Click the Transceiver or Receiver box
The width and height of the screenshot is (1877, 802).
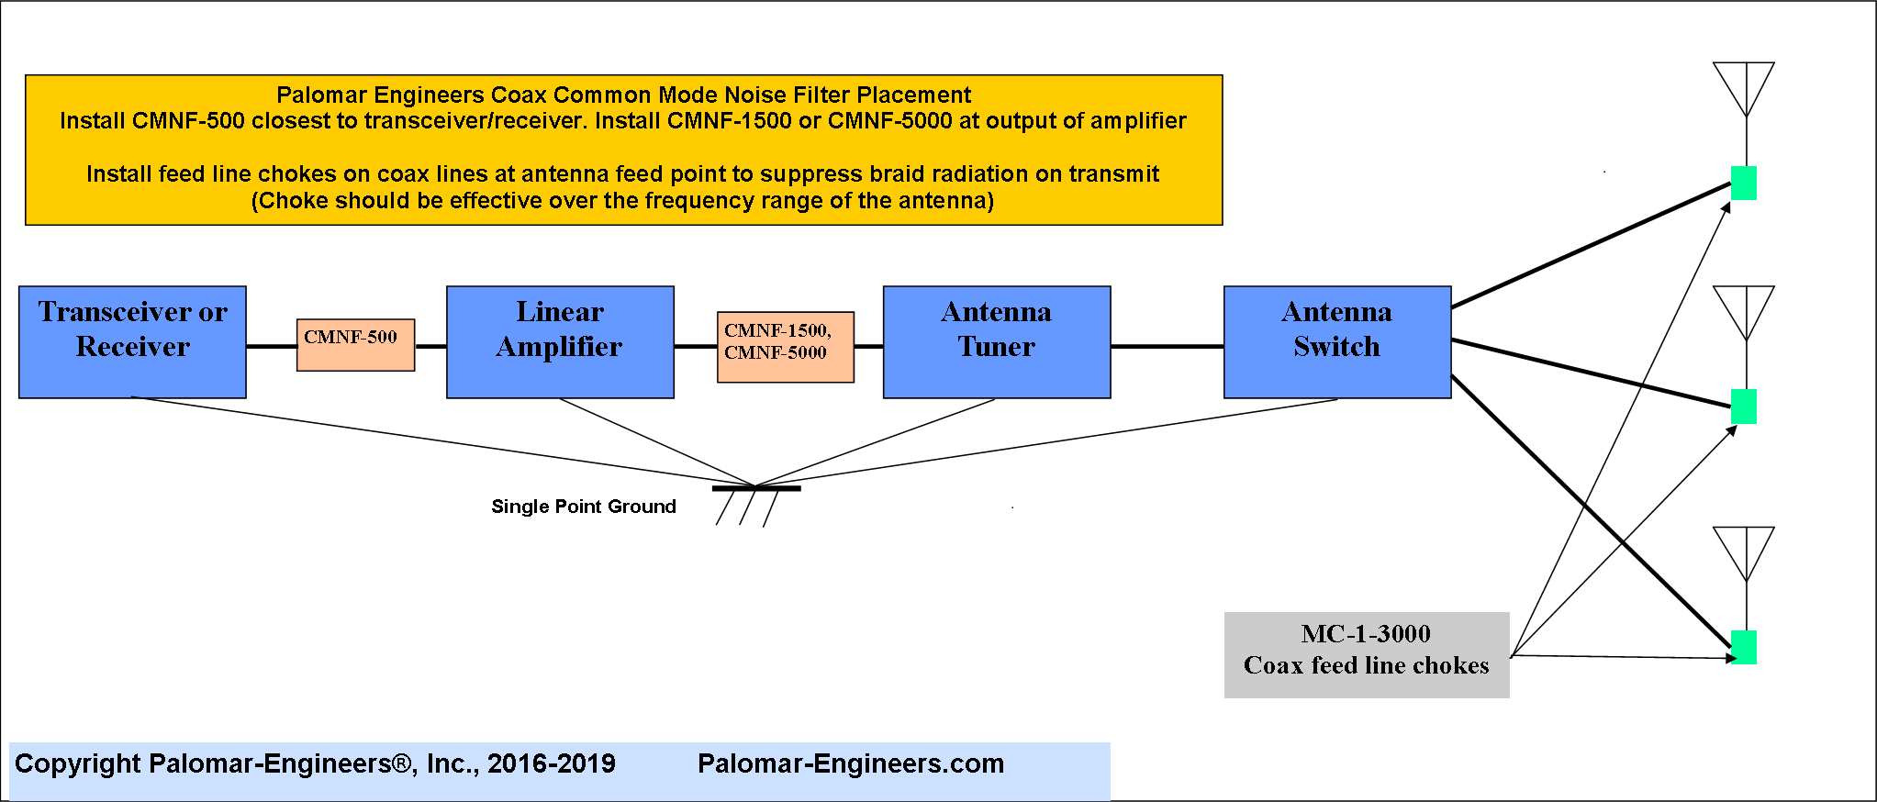pos(132,342)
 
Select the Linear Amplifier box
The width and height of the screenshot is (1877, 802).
pos(560,342)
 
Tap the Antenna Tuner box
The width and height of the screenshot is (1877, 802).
pos(997,342)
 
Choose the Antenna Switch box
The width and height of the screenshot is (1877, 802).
pos(1337,342)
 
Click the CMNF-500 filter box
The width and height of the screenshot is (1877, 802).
pos(355,345)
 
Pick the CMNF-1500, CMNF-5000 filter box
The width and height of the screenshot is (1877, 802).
pos(786,347)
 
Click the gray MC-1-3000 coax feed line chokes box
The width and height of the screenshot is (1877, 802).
pos(1367,655)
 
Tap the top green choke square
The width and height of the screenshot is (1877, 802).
pos(1744,184)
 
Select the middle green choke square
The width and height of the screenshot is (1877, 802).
pos(1744,407)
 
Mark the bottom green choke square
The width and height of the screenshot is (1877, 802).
pos(1744,647)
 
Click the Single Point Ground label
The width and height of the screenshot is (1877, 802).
pos(584,507)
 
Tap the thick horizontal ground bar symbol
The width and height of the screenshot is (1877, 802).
pos(756,488)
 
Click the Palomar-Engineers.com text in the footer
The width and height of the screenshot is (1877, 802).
pos(851,763)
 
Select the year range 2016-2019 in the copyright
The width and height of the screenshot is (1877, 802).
pos(552,763)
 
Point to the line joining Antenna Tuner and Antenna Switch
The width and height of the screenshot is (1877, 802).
pos(1168,346)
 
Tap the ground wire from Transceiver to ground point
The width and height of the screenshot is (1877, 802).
pos(443,441)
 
